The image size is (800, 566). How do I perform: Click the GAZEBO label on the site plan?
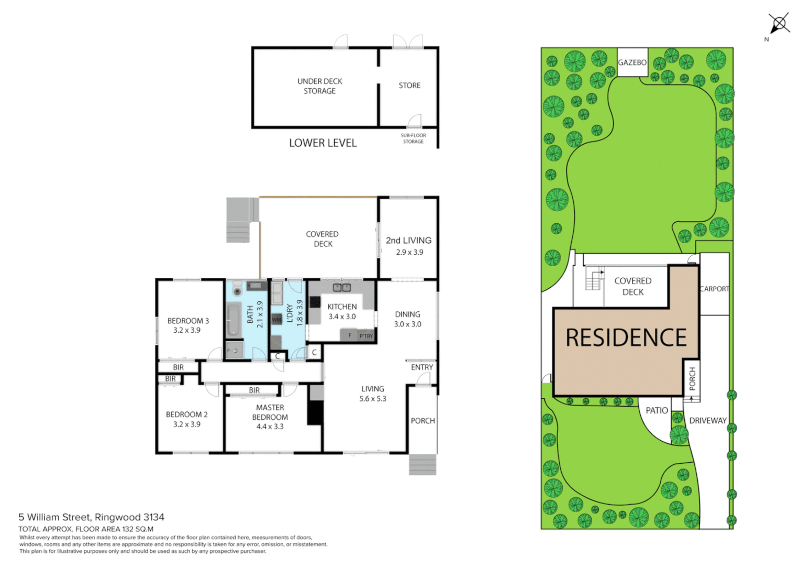click(632, 62)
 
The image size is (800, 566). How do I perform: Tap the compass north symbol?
click(779, 24)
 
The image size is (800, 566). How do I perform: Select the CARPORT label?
click(714, 289)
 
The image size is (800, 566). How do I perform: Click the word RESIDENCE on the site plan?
click(626, 338)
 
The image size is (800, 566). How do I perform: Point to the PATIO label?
click(657, 410)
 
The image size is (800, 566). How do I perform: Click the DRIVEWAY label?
click(708, 420)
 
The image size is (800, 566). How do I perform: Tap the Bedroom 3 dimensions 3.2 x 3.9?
click(187, 330)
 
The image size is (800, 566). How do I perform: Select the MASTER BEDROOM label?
click(270, 412)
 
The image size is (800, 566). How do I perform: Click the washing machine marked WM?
click(276, 320)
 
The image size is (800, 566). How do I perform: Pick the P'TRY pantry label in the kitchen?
click(366, 336)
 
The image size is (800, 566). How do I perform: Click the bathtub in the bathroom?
click(233, 320)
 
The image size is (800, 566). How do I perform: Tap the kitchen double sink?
click(342, 288)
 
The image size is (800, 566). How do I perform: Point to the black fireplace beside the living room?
click(315, 412)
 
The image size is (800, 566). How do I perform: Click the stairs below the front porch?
click(423, 464)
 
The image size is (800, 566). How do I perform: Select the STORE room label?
click(409, 85)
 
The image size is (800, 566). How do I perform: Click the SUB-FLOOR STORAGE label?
click(413, 138)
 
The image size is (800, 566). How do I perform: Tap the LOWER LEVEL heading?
click(323, 143)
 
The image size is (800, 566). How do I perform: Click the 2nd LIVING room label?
click(408, 241)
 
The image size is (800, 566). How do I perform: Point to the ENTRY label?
click(422, 367)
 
